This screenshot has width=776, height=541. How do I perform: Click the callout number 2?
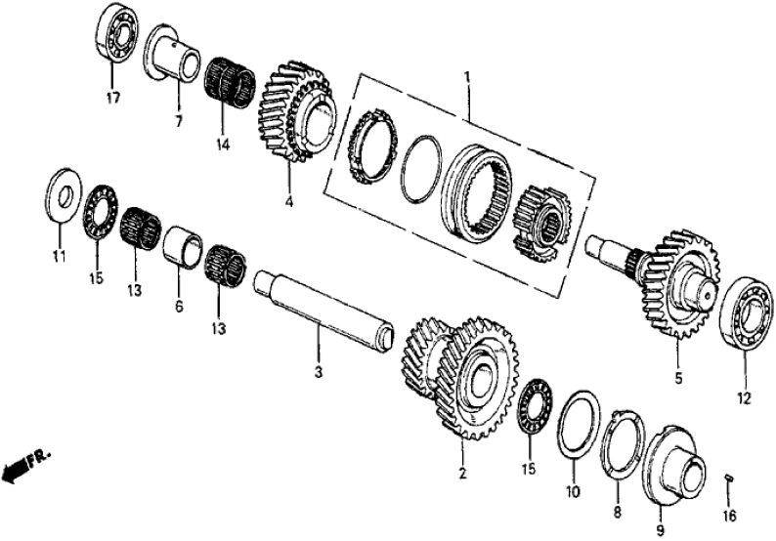click(463, 475)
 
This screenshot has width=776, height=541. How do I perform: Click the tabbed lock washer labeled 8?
click(615, 448)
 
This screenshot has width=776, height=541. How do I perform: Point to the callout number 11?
click(59, 257)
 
